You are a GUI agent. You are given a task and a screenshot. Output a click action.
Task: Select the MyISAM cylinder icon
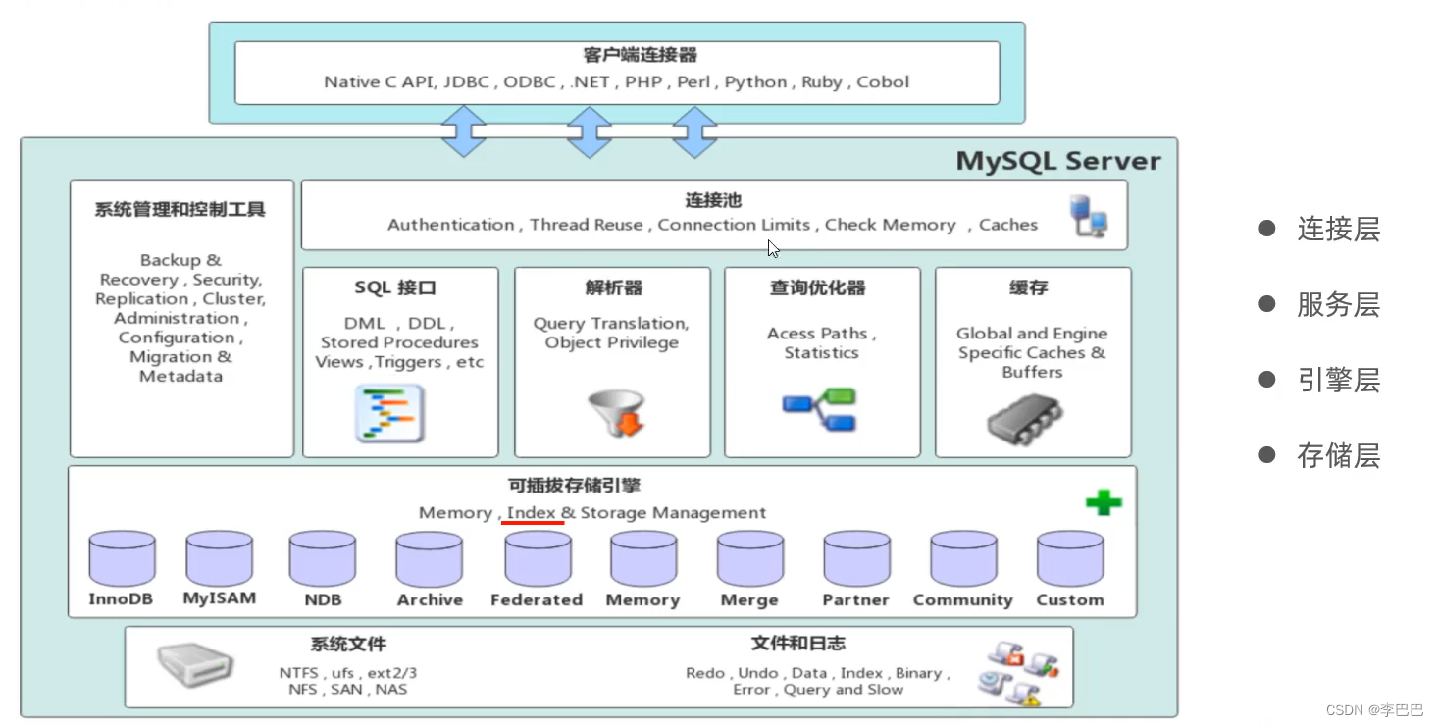tap(220, 558)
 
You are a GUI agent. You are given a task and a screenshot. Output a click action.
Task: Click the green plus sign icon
tap(1104, 503)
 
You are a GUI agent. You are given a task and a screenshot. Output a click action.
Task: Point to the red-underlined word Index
tap(532, 512)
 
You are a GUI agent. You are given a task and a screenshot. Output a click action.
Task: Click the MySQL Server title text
tap(1057, 161)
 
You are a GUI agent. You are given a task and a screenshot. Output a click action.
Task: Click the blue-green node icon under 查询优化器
tap(820, 410)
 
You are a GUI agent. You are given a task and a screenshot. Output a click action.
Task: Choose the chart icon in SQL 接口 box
tap(389, 413)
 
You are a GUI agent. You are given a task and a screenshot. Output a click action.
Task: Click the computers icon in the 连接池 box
tap(1090, 216)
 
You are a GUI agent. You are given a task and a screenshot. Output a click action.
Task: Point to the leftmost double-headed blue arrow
tap(464, 131)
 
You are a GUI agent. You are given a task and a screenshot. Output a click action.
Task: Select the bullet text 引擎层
tap(1338, 380)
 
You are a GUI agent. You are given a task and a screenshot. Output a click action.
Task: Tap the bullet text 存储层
tap(1338, 455)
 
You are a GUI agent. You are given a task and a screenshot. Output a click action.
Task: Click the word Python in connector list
tap(755, 82)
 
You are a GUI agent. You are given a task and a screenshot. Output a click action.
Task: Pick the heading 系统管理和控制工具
tap(180, 209)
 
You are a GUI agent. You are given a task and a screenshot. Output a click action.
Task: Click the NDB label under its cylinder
tap(322, 599)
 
